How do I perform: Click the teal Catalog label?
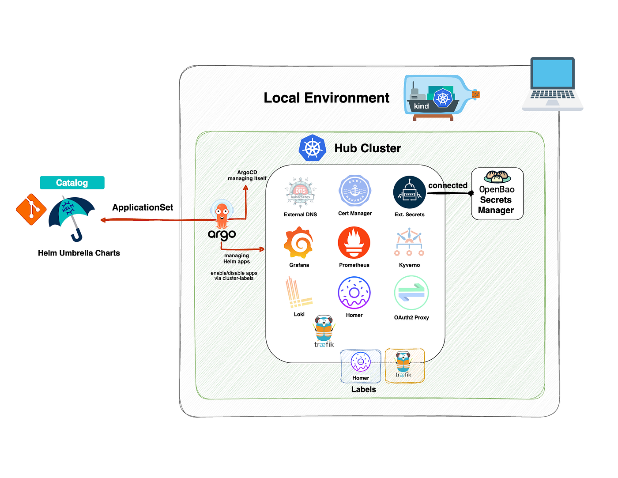tap(72, 182)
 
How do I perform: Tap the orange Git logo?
tap(31, 209)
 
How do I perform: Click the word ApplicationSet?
tap(143, 207)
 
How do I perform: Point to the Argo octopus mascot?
tap(222, 214)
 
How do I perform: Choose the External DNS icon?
tap(300, 192)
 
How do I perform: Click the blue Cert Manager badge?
tap(354, 190)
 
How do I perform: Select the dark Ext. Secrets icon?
tap(409, 192)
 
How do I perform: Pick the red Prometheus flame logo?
tap(354, 242)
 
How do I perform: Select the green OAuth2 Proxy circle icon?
tap(411, 292)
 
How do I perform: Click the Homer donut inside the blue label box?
tap(360, 361)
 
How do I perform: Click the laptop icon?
tap(552, 84)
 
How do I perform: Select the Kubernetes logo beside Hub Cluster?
tap(312, 148)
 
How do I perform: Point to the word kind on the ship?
tap(421, 106)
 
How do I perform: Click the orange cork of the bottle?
tap(475, 94)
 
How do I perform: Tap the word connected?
tap(448, 185)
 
